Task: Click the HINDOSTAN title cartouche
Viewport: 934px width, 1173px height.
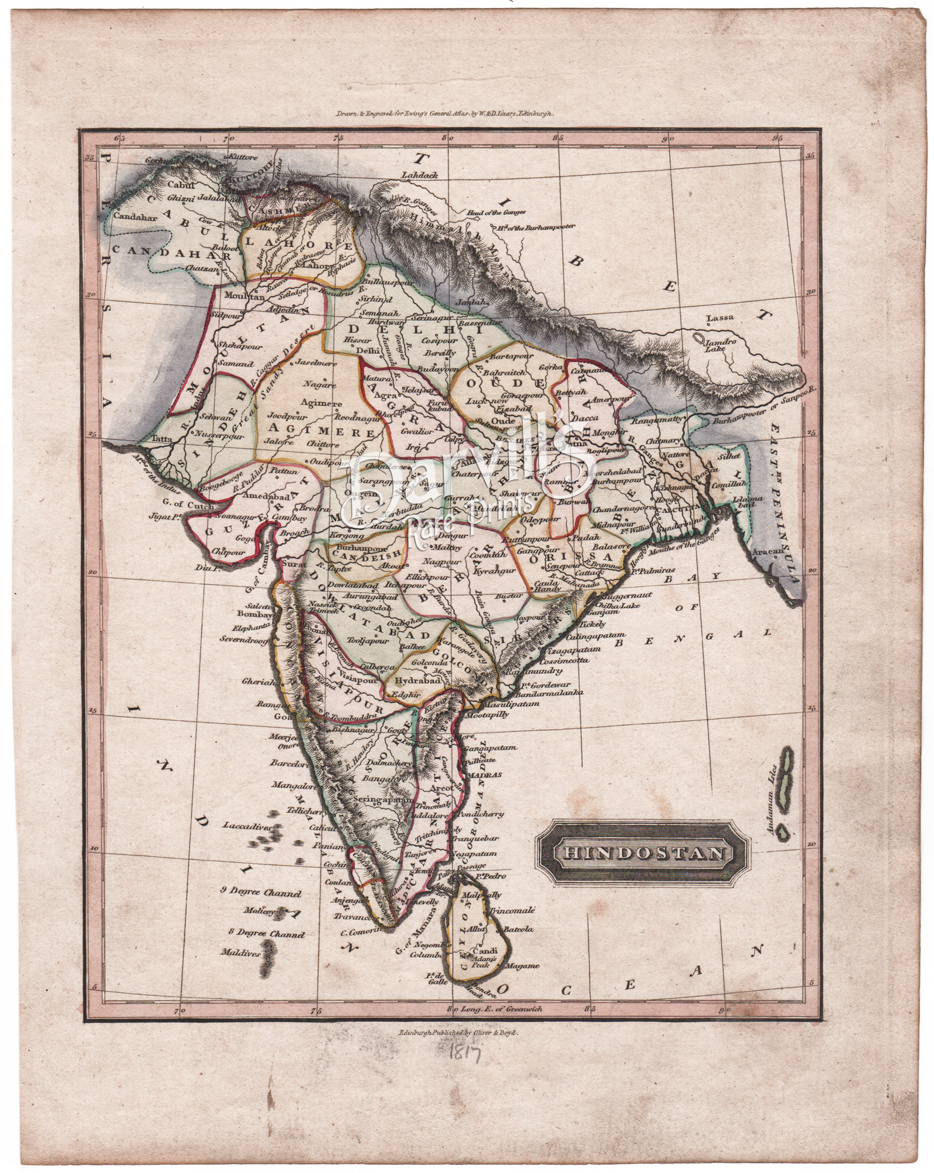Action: [643, 852]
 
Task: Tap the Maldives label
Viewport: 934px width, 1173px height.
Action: [240, 969]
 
